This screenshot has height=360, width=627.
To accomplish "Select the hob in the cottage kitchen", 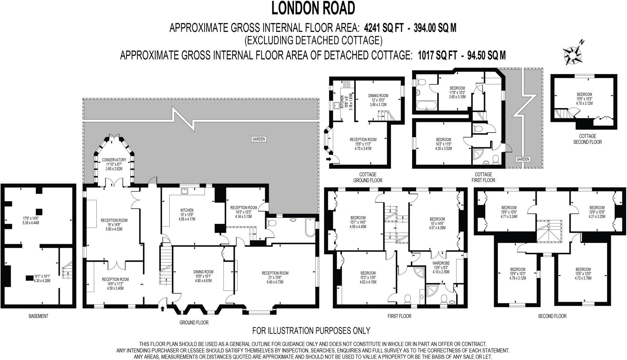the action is [347, 84].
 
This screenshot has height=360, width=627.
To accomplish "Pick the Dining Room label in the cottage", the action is [378, 96].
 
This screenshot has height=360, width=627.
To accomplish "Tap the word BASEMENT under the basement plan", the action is [38, 316].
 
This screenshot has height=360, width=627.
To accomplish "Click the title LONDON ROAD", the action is [313, 8].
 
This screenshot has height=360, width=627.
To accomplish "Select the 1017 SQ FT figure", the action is [438, 55].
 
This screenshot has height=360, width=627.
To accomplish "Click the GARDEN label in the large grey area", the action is [259, 139].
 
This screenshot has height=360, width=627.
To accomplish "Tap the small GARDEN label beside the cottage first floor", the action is [523, 159].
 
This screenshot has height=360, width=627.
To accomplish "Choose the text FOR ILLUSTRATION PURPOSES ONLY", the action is [311, 331].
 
